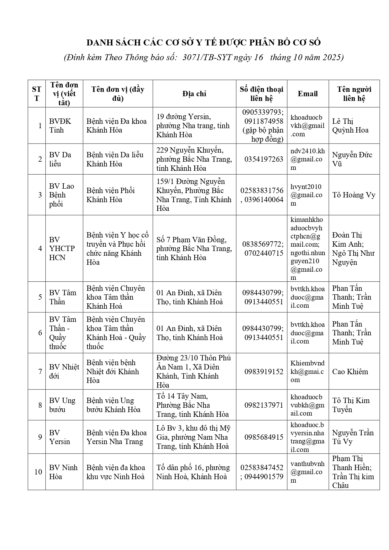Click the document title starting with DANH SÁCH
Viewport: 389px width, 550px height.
(204, 43)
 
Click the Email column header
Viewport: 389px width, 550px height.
(308, 94)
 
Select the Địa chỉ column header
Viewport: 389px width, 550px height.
(194, 94)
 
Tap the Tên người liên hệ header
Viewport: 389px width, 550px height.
(354, 94)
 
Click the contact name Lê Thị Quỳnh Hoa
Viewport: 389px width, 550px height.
(350, 126)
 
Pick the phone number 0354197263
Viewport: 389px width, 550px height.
(264, 159)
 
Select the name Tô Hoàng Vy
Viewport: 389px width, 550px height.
(354, 195)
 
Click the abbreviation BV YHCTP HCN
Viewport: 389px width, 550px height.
(62, 249)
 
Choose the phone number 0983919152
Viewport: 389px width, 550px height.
(264, 372)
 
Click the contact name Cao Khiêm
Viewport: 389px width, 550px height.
(350, 372)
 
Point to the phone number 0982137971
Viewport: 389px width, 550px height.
(264, 405)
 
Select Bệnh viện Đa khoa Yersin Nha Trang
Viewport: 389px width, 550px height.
(117, 437)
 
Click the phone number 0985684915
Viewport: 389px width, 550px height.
(264, 437)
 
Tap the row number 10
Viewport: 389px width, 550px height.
(38, 472)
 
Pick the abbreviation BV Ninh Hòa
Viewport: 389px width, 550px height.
(63, 472)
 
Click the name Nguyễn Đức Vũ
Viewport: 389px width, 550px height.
(352, 159)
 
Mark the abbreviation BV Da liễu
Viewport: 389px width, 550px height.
(60, 159)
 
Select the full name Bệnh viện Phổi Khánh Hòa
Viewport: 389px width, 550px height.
(110, 195)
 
